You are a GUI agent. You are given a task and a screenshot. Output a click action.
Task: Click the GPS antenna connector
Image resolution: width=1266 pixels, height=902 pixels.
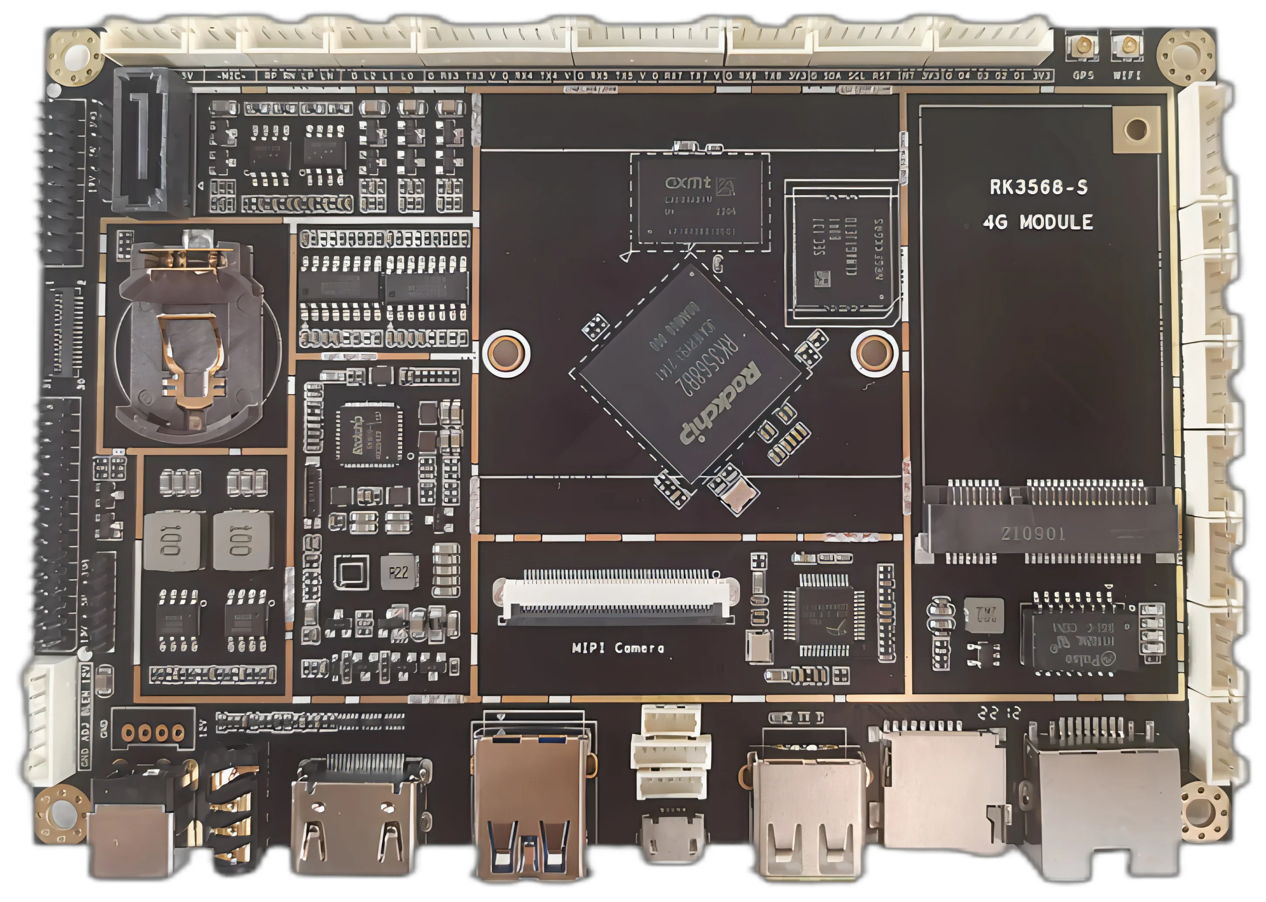click(1083, 45)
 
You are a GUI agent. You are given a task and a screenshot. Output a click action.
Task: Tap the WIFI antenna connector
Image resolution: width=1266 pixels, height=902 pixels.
click(1127, 45)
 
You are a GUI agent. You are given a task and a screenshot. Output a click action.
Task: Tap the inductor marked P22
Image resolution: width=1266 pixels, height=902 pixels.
click(398, 572)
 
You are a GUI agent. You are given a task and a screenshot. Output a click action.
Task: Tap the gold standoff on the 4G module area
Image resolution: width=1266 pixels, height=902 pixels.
click(1135, 129)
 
